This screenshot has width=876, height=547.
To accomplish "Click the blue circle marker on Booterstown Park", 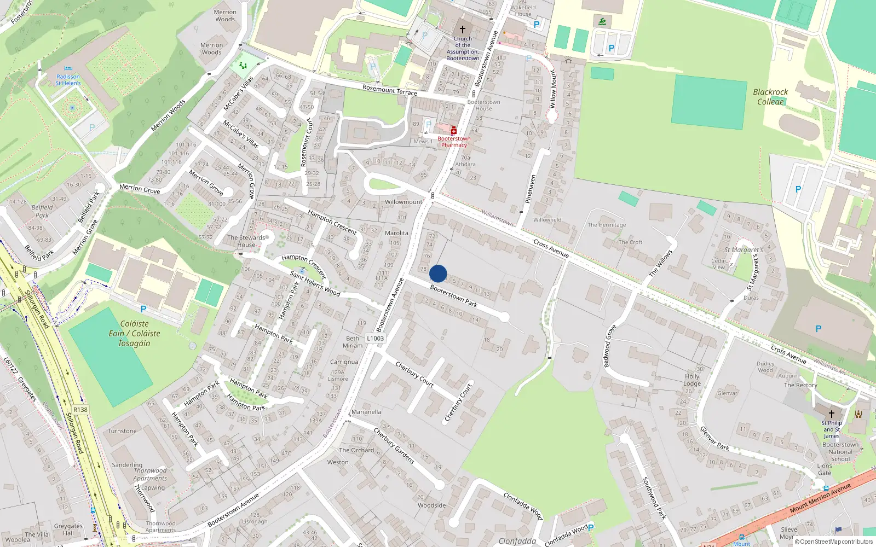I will click(x=438, y=273).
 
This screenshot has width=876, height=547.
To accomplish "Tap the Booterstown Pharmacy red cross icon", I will click(x=454, y=130).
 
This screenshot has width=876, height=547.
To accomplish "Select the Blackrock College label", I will click(x=770, y=97).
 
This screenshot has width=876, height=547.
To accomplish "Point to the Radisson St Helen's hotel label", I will click(x=68, y=80).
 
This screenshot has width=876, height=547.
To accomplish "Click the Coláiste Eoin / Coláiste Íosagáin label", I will click(x=134, y=334).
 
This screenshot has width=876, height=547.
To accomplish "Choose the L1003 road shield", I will click(x=376, y=338).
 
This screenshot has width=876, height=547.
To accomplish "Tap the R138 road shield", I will click(x=80, y=410).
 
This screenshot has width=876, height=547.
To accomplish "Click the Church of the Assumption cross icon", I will click(x=463, y=30).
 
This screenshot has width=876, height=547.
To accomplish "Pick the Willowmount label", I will click(x=404, y=202).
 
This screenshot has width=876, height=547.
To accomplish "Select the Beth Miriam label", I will click(x=353, y=342).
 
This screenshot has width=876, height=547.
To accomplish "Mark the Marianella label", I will click(x=366, y=412).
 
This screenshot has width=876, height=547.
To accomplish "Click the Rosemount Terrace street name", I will click(x=390, y=90).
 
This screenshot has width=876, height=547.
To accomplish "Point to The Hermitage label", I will click(x=607, y=225).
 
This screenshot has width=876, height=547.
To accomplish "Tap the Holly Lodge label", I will click(x=692, y=380).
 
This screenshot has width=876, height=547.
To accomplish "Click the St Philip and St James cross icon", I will click(x=832, y=414).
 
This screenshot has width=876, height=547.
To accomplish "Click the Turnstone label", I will click(x=122, y=431).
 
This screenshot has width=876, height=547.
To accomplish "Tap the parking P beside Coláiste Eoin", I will click(x=143, y=309).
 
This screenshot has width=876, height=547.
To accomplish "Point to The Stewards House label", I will click(x=246, y=241).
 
